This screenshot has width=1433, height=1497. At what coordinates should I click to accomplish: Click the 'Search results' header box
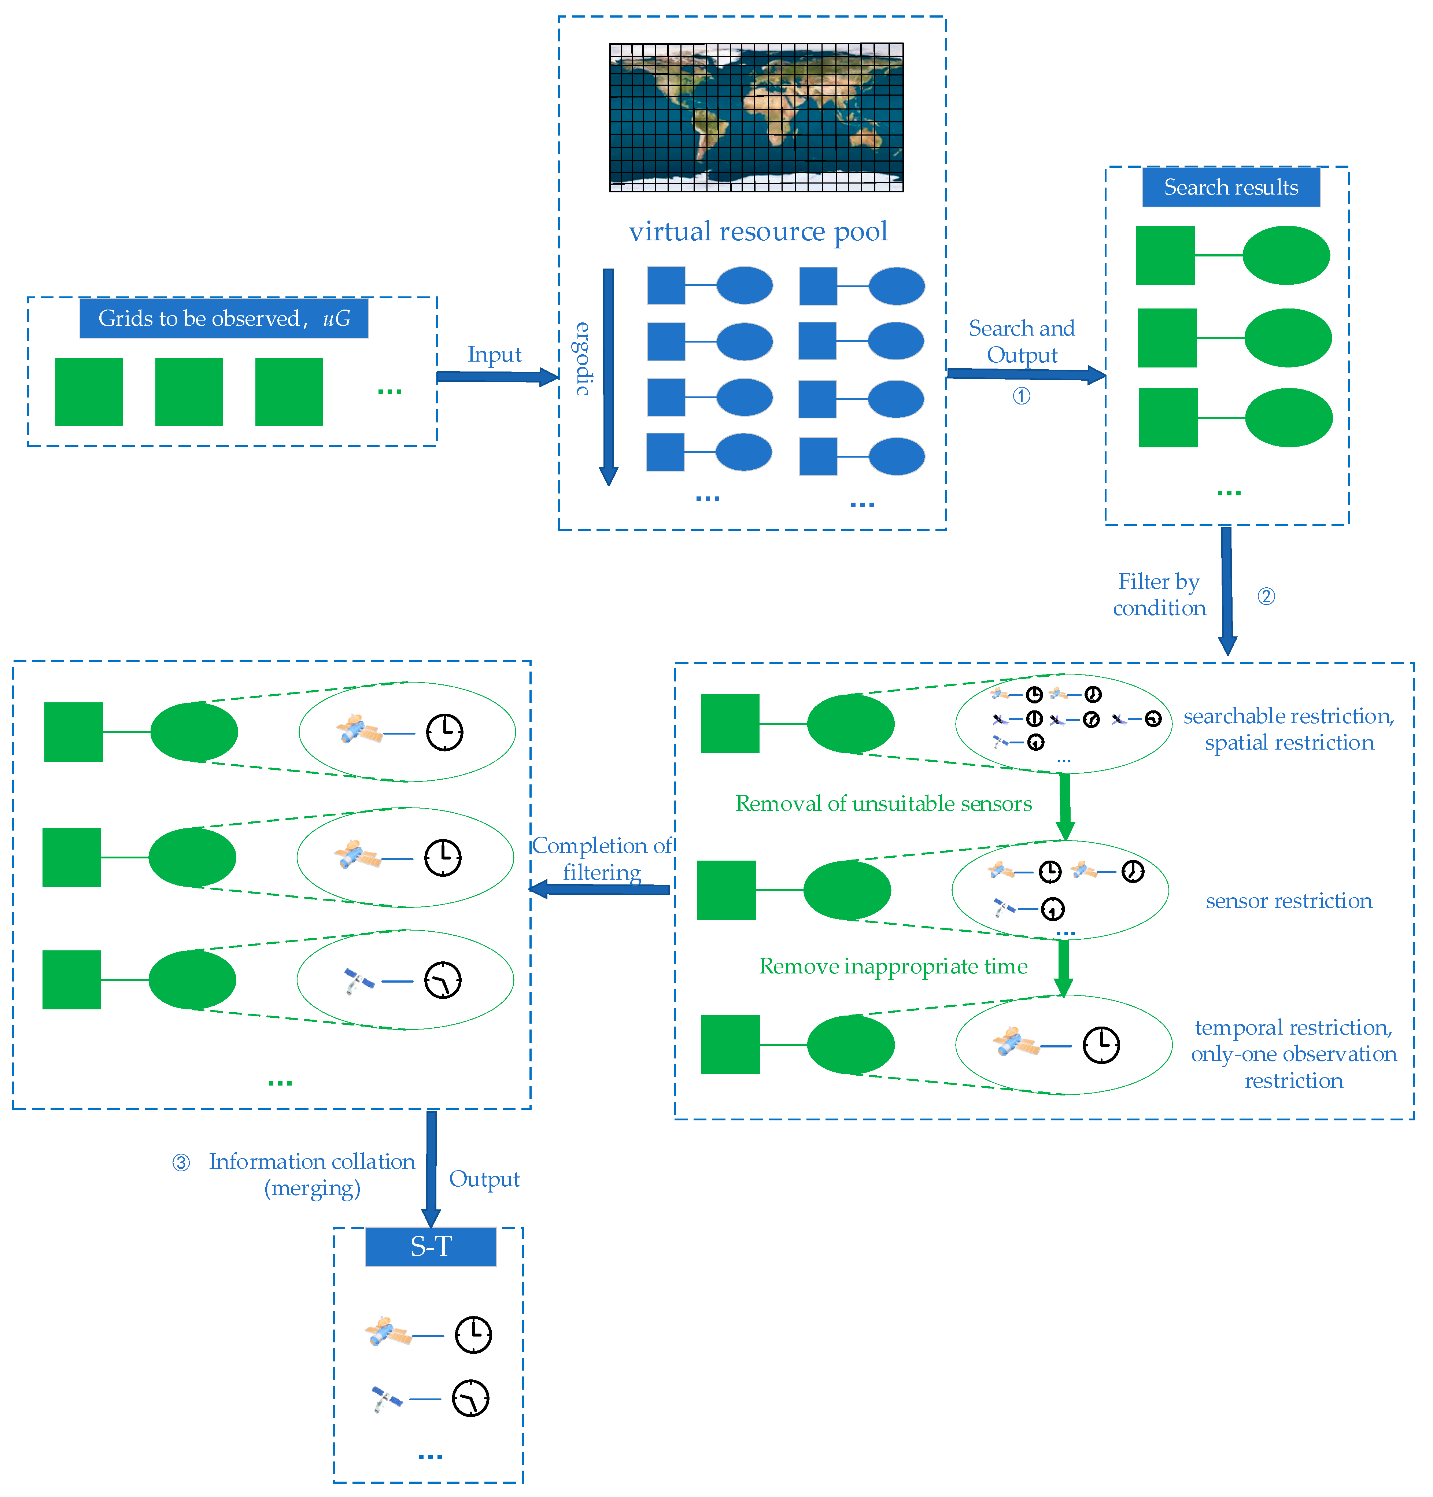pos(1231,187)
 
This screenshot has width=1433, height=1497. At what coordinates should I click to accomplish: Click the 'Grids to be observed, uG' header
pos(224,318)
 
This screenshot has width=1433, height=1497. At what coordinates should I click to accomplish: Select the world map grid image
pos(756,117)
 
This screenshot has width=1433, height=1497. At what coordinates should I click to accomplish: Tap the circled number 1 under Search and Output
pos(1021,396)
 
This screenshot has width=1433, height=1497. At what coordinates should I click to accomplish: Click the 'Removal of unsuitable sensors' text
pos(883,803)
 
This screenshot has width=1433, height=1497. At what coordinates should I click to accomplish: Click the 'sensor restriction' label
pos(1289,901)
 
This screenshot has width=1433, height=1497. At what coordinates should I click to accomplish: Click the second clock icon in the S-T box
pos(470,1398)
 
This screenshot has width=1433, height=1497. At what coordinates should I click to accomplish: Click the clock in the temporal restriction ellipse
pos(1101,1045)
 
